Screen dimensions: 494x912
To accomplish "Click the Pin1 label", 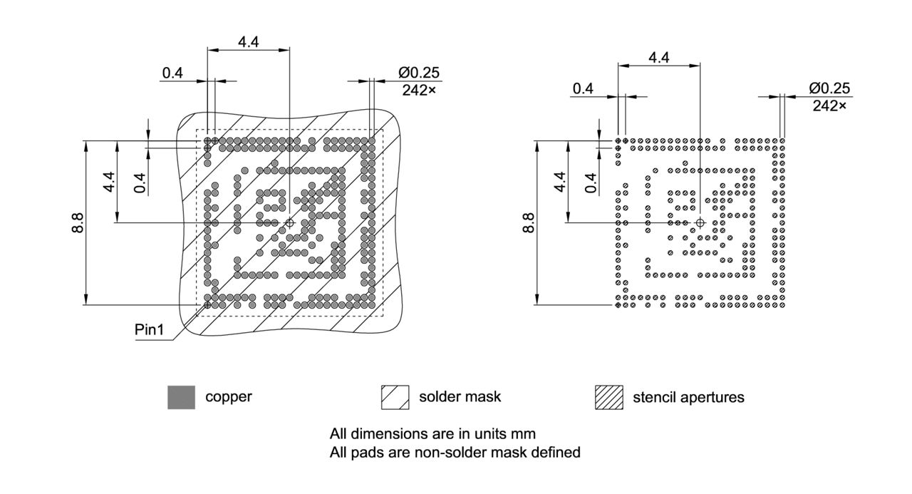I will pyautogui.click(x=149, y=330).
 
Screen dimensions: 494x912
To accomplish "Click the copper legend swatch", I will pyautogui.click(x=181, y=397).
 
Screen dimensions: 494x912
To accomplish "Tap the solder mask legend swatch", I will pyautogui.click(x=395, y=397).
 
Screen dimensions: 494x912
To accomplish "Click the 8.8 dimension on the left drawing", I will pyautogui.click(x=78, y=223).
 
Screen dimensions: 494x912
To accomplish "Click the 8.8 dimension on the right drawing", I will pyautogui.click(x=528, y=223).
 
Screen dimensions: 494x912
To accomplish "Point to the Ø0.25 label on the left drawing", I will pyautogui.click(x=419, y=73).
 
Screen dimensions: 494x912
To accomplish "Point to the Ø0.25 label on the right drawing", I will pyautogui.click(x=830, y=88).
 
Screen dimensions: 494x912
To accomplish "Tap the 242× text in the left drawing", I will pyautogui.click(x=419, y=90).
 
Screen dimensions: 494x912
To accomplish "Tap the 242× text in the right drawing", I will pyautogui.click(x=829, y=106).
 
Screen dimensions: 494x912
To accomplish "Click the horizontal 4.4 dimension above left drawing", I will pyautogui.click(x=248, y=42).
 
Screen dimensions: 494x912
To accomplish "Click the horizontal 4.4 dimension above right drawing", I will pyautogui.click(x=658, y=58).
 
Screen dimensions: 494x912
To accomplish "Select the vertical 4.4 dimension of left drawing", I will pyautogui.click(x=109, y=182).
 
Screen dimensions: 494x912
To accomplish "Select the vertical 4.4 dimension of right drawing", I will pyautogui.click(x=559, y=182).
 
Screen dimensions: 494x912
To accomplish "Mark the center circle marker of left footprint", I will pyautogui.click(x=289, y=223).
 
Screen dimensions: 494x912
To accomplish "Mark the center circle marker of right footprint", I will pyautogui.click(x=700, y=223).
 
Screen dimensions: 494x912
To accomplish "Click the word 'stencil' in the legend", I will pyautogui.click(x=651, y=397).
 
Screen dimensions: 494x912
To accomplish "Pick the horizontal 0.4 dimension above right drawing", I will pyautogui.click(x=583, y=88).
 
